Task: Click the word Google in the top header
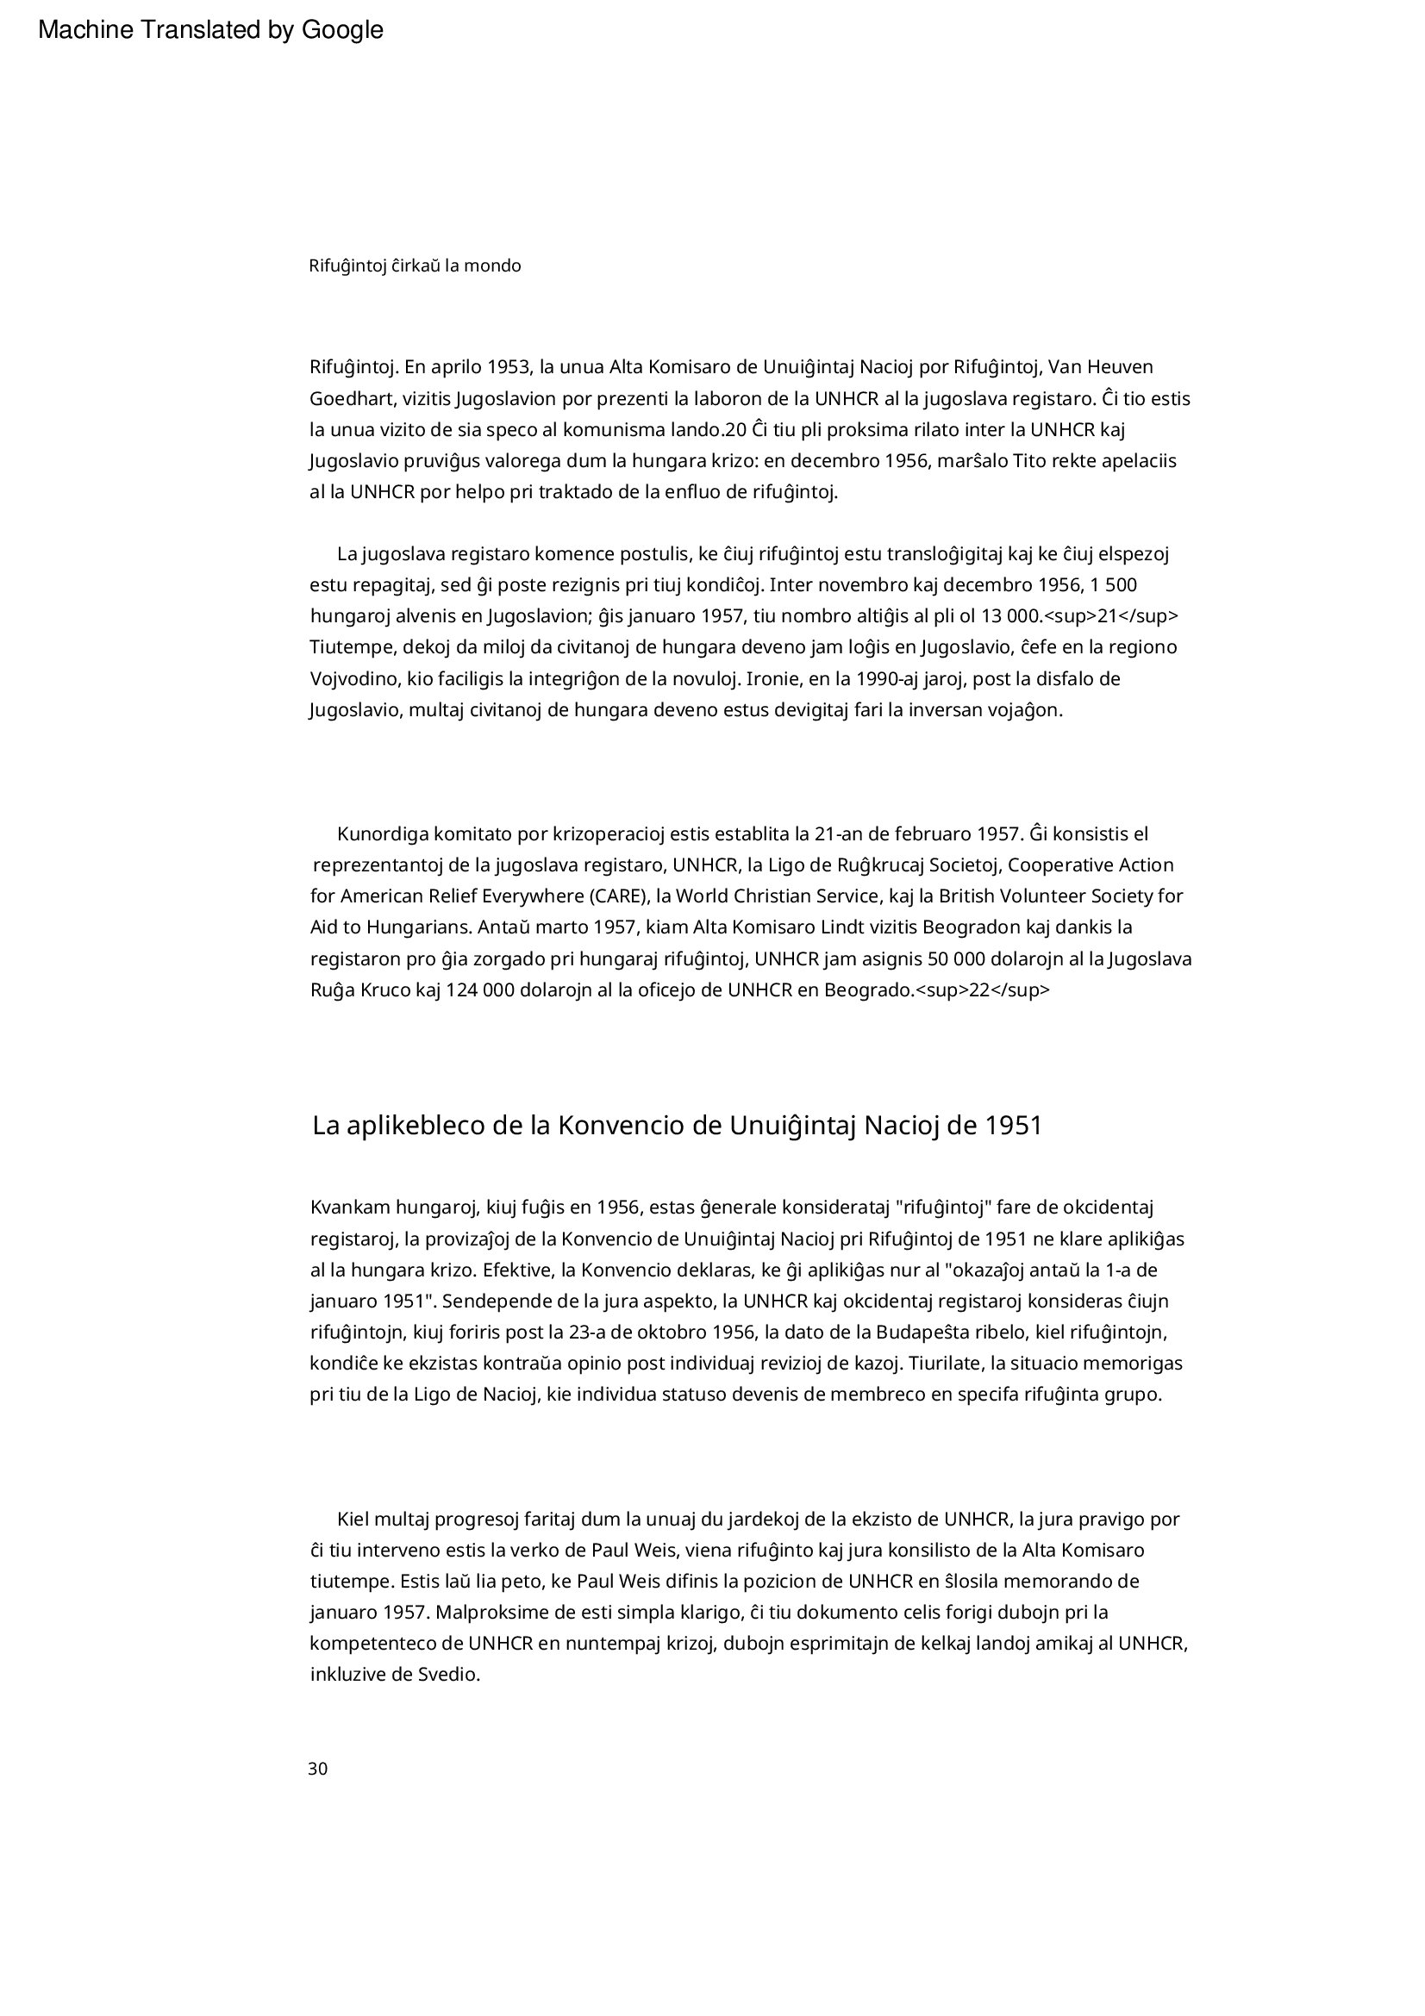[342, 30]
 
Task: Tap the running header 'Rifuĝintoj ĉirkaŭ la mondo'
[415, 265]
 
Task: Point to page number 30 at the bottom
[318, 1769]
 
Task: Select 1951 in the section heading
[1013, 1126]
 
